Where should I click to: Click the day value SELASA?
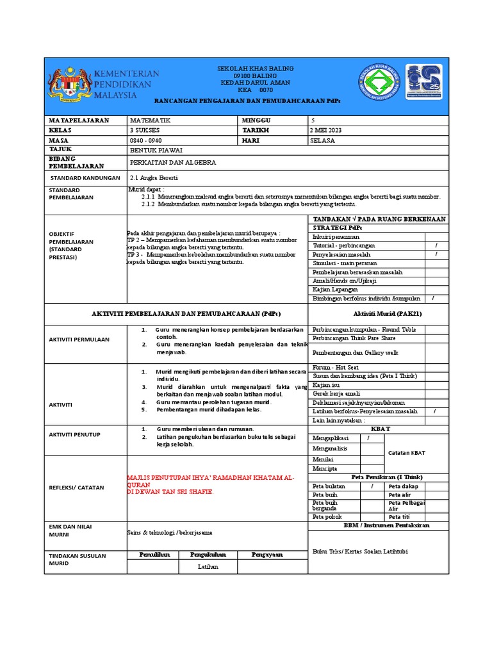pyautogui.click(x=322, y=140)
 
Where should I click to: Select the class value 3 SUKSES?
pyautogui.click(x=145, y=131)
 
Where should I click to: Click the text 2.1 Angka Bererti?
pyautogui.click(x=154, y=177)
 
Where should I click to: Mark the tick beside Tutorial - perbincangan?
pyautogui.click(x=436, y=245)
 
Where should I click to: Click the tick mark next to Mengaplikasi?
pyautogui.click(x=368, y=438)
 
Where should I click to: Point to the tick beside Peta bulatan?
pyautogui.click(x=372, y=486)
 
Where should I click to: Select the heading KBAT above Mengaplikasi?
pyautogui.click(x=380, y=428)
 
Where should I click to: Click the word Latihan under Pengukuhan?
pyautogui.click(x=208, y=566)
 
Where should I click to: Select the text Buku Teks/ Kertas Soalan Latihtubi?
pyautogui.click(x=359, y=552)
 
